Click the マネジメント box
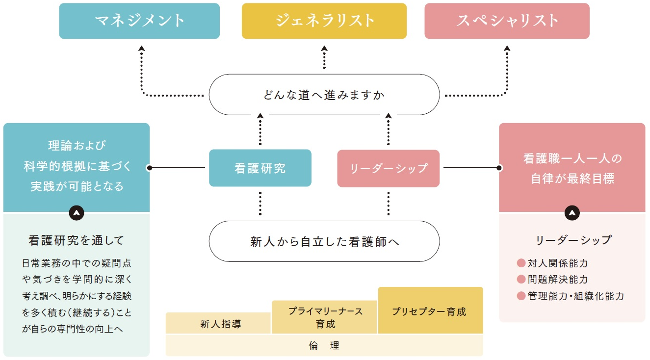point(139,21)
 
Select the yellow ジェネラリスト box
point(324,21)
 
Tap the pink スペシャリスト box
point(507,21)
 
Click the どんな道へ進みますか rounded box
point(324,95)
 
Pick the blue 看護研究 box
point(260,168)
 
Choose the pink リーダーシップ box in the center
point(388,168)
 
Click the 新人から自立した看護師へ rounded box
point(324,241)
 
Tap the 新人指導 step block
point(218,324)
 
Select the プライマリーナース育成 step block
point(324,317)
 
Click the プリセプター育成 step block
point(430,311)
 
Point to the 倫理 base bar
point(324,345)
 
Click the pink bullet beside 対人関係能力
point(521,263)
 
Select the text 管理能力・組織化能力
point(575,296)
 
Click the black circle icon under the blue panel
point(77,213)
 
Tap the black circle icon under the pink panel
point(572,213)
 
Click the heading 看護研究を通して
point(76,240)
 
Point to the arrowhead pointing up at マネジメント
point(141,48)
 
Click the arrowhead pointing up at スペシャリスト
point(507,48)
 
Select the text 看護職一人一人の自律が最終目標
point(572,168)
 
